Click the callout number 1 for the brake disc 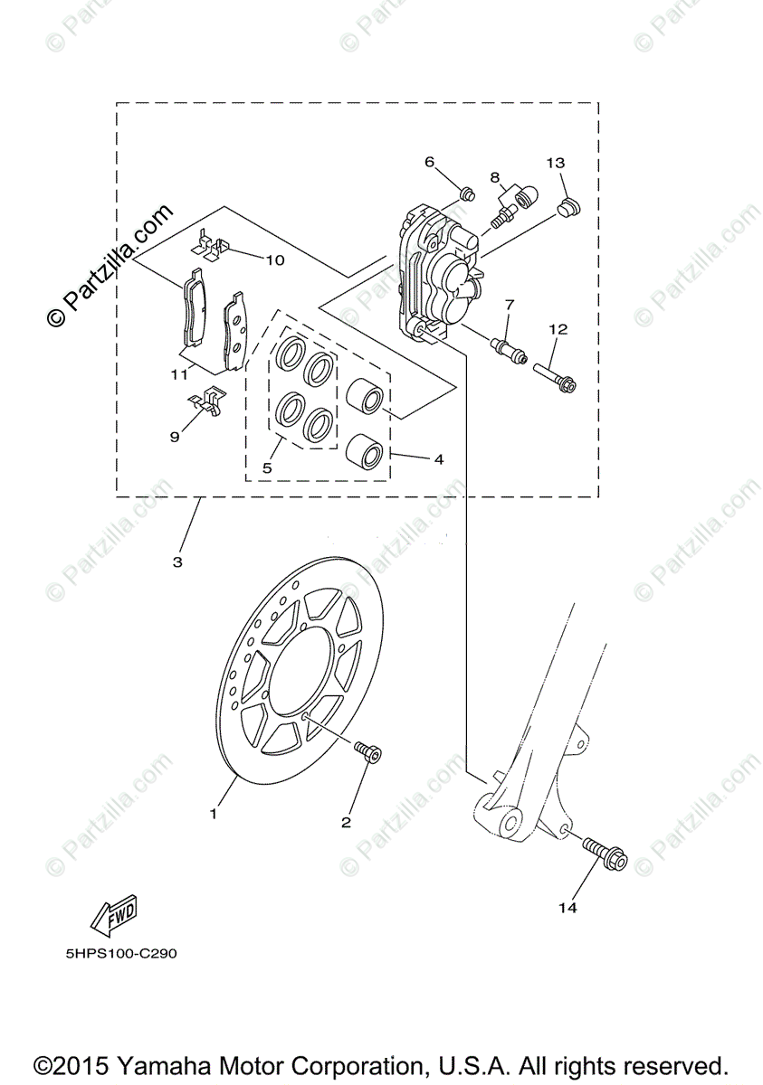(x=214, y=814)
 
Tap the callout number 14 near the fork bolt (x=567, y=908)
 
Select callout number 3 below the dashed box (x=177, y=561)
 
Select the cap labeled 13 (x=568, y=209)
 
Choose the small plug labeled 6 (x=468, y=192)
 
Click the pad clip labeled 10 (x=214, y=245)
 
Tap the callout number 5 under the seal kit (x=267, y=468)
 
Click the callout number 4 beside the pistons (x=438, y=459)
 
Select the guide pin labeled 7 (x=508, y=348)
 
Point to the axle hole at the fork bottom (x=510, y=823)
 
